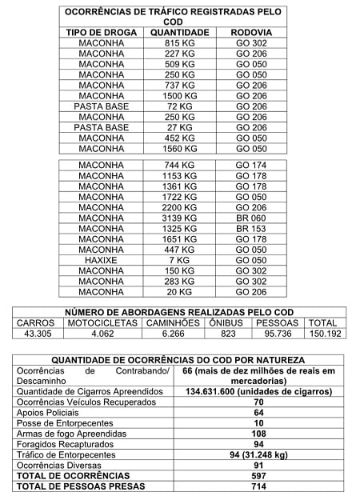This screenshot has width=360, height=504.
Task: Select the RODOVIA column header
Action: coord(251,32)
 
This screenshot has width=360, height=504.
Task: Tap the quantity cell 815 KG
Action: coord(179,43)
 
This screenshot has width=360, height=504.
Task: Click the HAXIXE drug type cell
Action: coord(102,260)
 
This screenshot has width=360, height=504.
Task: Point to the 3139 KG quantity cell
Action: coord(179,218)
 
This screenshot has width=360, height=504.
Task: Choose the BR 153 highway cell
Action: coord(251,228)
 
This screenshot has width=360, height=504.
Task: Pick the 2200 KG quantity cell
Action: coord(179,207)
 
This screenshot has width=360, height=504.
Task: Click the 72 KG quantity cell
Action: coord(179,106)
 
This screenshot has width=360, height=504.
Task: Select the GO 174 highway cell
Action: coord(251,165)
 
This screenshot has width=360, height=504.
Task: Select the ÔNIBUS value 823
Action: coord(228,334)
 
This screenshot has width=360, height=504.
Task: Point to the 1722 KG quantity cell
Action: coord(179,197)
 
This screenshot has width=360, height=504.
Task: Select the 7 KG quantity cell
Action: coord(179,260)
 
